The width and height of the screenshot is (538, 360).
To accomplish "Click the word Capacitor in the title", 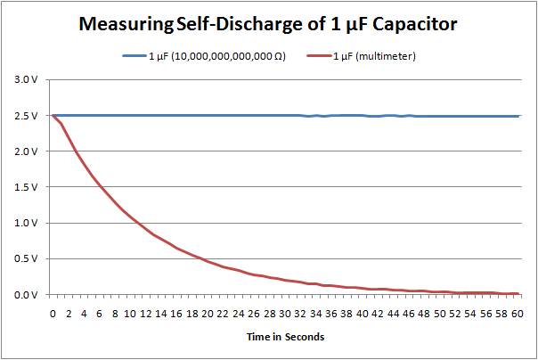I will (x=414, y=24).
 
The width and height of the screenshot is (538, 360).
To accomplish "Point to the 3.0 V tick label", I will (x=29, y=80).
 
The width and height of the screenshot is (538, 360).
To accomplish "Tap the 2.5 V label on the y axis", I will (x=29, y=116).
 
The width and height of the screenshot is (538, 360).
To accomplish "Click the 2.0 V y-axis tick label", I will (x=29, y=151).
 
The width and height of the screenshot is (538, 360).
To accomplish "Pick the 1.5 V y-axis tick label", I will (x=29, y=187).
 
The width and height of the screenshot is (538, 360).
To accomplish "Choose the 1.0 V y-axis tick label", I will (x=29, y=223).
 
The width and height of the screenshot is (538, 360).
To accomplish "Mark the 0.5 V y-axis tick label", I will (x=29, y=258).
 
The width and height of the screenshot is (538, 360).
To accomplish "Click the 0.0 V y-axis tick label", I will (x=29, y=294).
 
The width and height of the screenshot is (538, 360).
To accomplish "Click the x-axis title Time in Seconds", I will (x=285, y=337).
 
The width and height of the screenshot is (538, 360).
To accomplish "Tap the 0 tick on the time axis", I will (x=53, y=314).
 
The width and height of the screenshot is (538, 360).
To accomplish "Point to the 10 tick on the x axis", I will (x=130, y=314).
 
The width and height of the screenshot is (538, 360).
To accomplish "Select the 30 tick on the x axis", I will (x=285, y=314).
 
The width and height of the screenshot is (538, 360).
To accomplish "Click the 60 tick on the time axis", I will (x=518, y=314).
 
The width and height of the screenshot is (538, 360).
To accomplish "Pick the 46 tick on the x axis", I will (x=409, y=314).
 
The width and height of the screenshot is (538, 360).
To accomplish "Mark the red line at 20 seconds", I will (x=208, y=261).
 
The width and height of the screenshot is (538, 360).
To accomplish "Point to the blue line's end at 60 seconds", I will (x=518, y=116).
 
